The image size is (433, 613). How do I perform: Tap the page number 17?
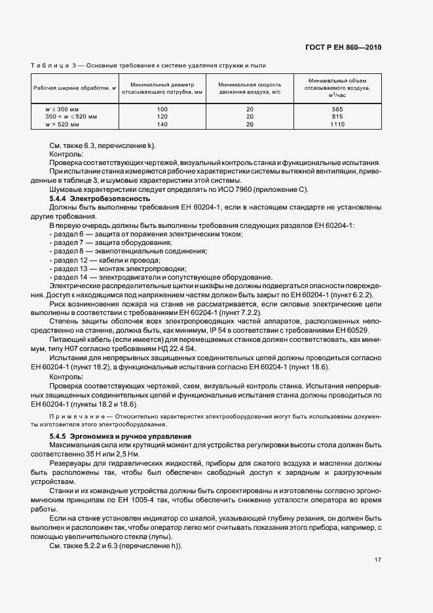[378, 559]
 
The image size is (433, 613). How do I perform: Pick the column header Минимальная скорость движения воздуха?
[250, 88]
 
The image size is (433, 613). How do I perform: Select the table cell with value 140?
[162, 124]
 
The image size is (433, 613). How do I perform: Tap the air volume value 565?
[337, 109]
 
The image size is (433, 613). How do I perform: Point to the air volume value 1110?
[337, 124]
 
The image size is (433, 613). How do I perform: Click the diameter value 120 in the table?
[162, 116]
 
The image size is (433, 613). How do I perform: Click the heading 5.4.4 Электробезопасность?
[100, 198]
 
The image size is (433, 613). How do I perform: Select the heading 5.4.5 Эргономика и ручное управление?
[120, 436]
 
